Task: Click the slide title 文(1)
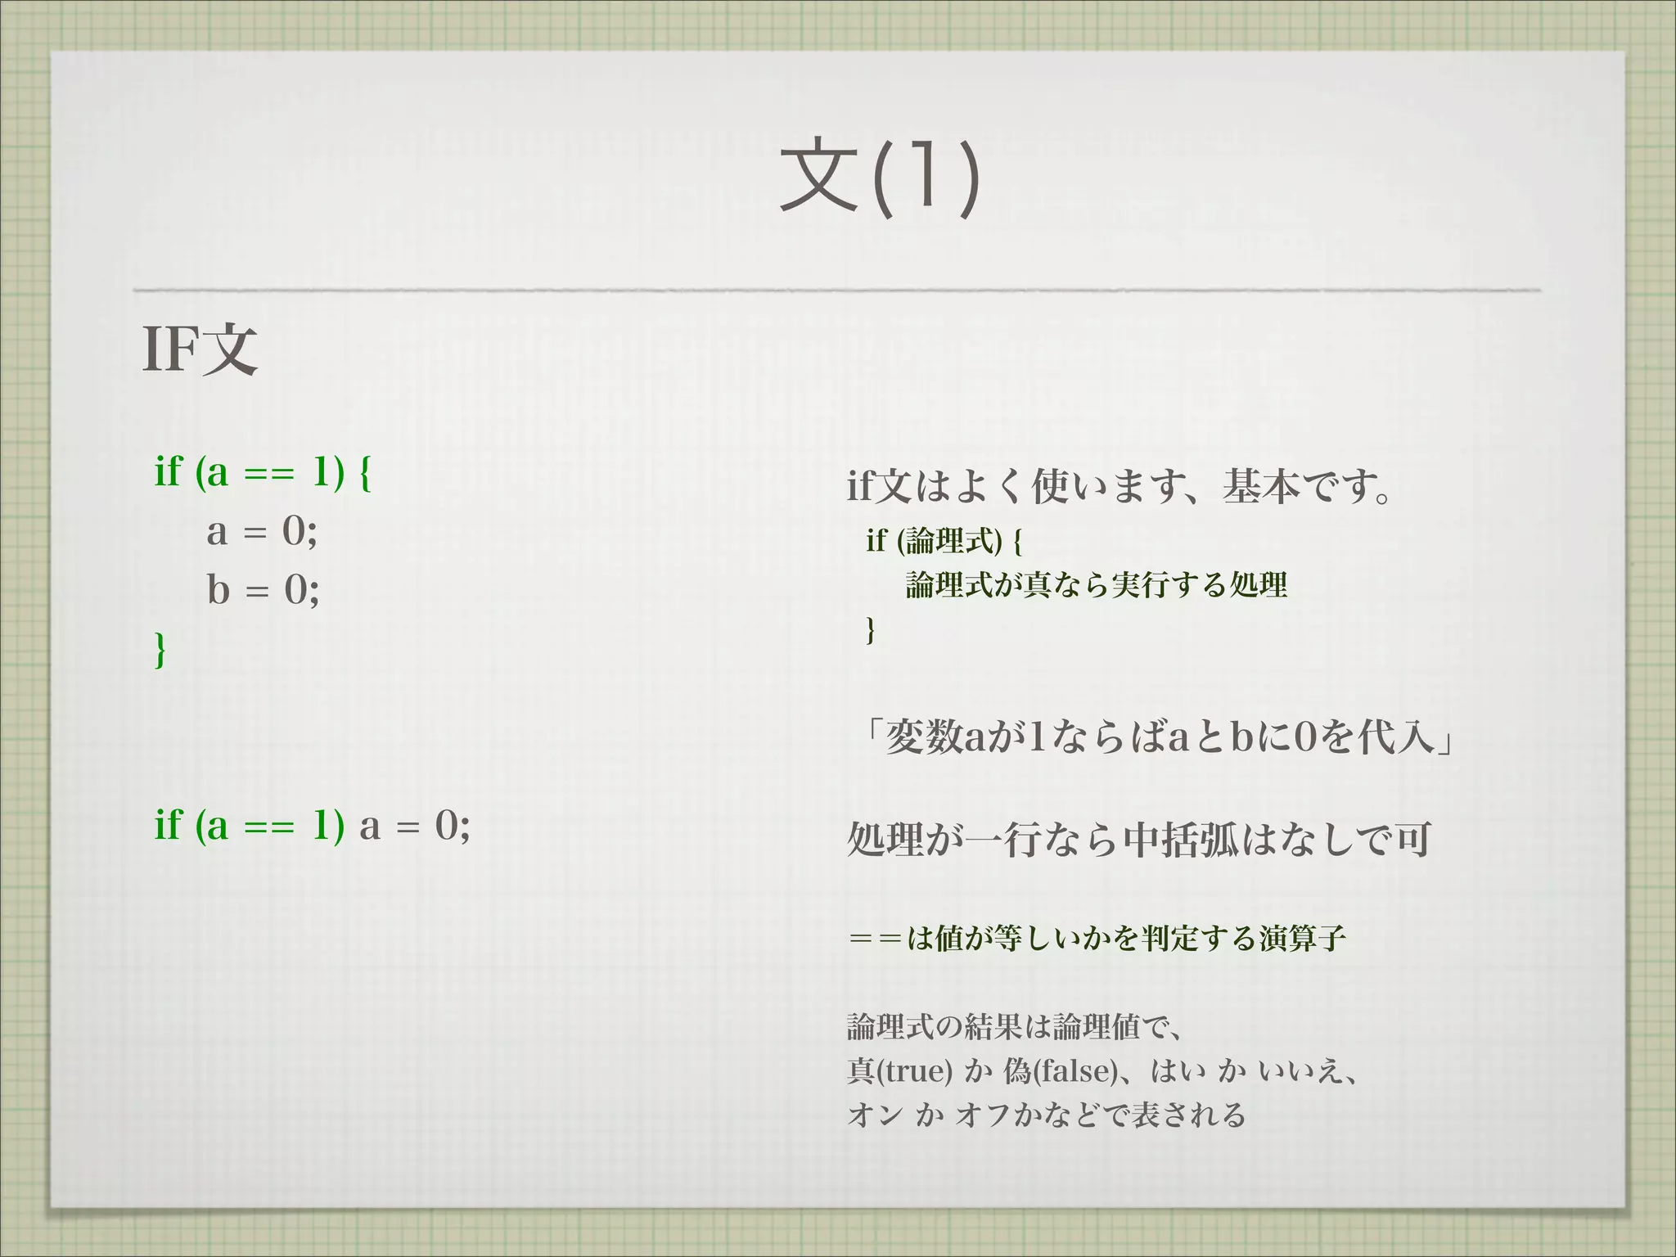(x=880, y=177)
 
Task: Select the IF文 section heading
(x=200, y=349)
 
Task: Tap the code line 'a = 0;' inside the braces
(x=262, y=531)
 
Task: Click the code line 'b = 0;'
(x=263, y=589)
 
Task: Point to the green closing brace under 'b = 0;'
(x=160, y=650)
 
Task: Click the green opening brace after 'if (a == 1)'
(x=365, y=472)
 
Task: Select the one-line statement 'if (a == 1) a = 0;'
(x=312, y=825)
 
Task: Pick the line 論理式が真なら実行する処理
(x=1097, y=585)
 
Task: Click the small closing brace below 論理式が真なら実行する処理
(x=871, y=630)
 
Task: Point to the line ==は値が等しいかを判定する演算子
(x=1097, y=938)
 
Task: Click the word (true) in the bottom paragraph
(x=914, y=1071)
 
